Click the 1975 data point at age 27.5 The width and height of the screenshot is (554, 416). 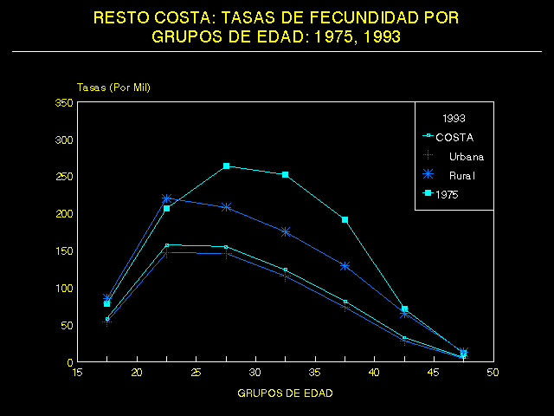pyautogui.click(x=226, y=166)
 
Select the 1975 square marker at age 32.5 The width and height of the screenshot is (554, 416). pyautogui.click(x=285, y=174)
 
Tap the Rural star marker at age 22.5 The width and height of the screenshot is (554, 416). pyautogui.click(x=166, y=198)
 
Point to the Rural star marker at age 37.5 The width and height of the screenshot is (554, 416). pyautogui.click(x=345, y=266)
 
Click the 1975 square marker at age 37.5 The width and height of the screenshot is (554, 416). pyautogui.click(x=345, y=219)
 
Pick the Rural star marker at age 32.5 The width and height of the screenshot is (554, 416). pyautogui.click(x=285, y=231)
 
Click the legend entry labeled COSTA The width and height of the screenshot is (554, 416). pyautogui.click(x=454, y=137)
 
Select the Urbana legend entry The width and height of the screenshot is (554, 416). pyautogui.click(x=466, y=156)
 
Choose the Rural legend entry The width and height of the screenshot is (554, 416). pyautogui.click(x=463, y=176)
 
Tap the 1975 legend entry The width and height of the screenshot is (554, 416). pyautogui.click(x=448, y=195)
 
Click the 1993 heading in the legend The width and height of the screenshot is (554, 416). pyautogui.click(x=454, y=117)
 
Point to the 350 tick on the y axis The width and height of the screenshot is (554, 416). pyautogui.click(x=63, y=102)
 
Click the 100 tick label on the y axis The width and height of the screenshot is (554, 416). pyautogui.click(x=63, y=288)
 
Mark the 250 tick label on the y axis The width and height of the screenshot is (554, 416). pyautogui.click(x=63, y=177)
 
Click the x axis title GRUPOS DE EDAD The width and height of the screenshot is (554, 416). pyautogui.click(x=285, y=393)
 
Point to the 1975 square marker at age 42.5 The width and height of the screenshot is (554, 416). pyautogui.click(x=404, y=309)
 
